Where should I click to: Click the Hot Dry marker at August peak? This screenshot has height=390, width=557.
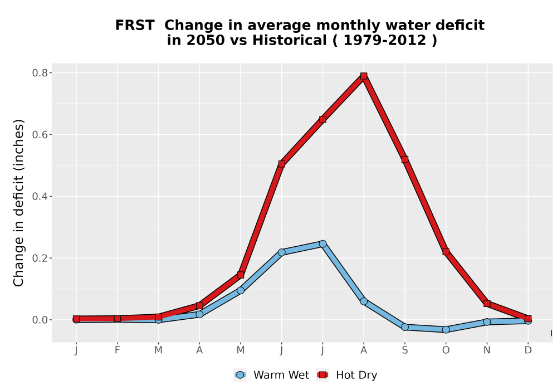point(363,76)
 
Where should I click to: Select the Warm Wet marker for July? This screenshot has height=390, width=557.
point(323,243)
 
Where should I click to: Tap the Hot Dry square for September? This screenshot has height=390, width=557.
point(404,159)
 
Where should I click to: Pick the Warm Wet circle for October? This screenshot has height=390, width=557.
point(446,330)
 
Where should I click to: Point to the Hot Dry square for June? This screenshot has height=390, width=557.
point(281,164)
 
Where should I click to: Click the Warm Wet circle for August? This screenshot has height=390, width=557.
point(363,301)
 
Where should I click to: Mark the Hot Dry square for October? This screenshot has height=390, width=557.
point(446,251)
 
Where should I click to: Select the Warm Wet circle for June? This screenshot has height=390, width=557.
point(281,252)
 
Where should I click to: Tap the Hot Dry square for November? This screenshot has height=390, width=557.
point(487,303)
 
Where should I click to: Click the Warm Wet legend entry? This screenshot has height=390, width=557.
point(272,375)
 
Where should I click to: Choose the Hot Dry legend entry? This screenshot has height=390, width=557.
point(347,375)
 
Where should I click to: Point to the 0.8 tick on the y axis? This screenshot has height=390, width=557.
point(50,73)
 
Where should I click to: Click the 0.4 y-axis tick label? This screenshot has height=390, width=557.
point(40,197)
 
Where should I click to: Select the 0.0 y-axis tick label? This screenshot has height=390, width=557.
point(40,320)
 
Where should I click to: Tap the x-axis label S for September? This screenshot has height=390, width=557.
point(404,350)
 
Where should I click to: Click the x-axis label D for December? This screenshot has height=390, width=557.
point(528,350)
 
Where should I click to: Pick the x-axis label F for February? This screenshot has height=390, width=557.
point(117,350)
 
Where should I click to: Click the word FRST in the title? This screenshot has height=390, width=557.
point(135,25)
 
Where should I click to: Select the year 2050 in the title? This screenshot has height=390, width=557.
point(206,40)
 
